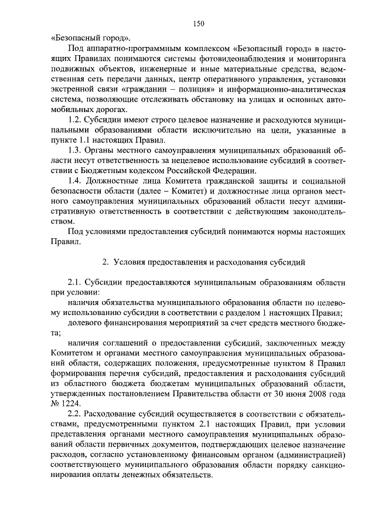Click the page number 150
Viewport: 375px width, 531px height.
[x=198, y=23]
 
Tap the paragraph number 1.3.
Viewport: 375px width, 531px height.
[x=76, y=151]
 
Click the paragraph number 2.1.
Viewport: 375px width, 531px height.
[x=76, y=282]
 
